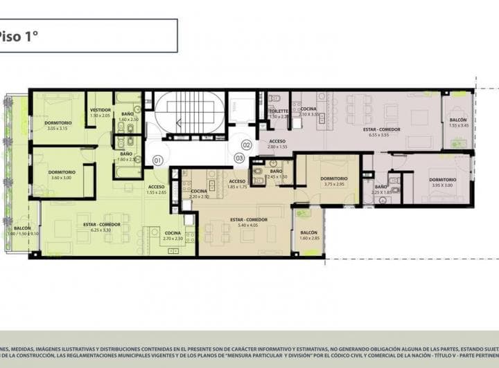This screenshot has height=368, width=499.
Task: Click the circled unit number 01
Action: tap(157, 160)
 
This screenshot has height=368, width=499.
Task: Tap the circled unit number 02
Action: tap(247, 145)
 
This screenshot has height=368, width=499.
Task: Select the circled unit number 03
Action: tap(239, 158)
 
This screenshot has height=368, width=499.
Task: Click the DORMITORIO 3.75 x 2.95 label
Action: tap(334, 181)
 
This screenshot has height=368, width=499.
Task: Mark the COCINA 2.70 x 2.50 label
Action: tap(173, 235)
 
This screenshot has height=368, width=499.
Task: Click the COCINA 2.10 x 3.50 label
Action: tap(308, 111)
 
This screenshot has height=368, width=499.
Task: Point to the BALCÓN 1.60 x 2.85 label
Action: tap(308, 235)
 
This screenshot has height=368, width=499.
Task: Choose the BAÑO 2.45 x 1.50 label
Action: tap(276, 174)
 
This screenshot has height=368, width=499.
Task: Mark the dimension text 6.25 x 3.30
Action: tap(102, 230)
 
